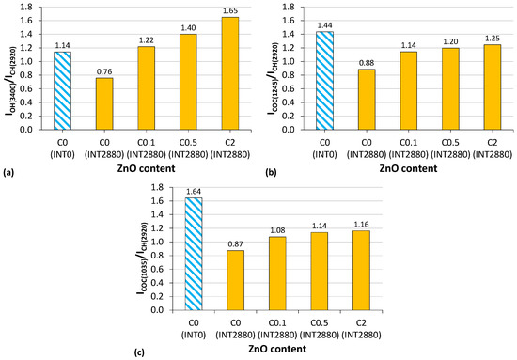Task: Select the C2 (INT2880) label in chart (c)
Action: tap(349, 328)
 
